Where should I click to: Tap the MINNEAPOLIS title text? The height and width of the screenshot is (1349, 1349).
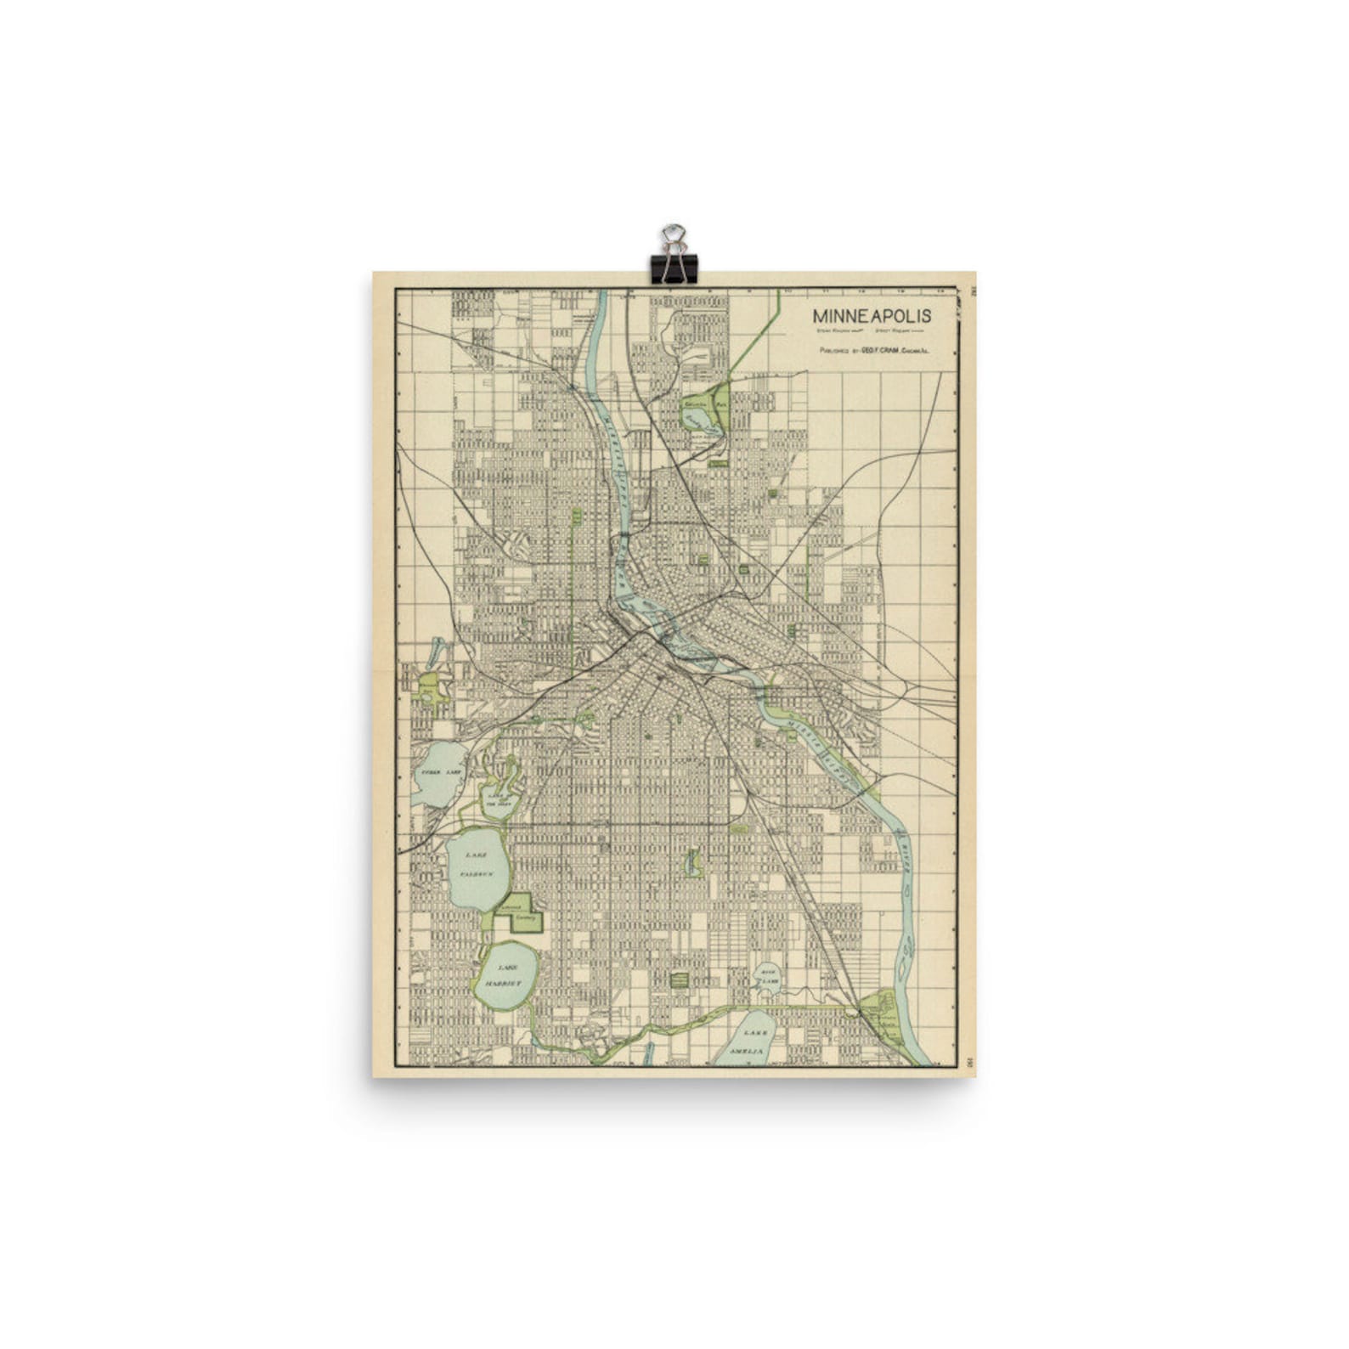pyautogui.click(x=872, y=316)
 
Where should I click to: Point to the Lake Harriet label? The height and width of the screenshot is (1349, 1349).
pyautogui.click(x=506, y=975)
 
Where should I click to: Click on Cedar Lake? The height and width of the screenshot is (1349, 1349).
pyautogui.click(x=437, y=773)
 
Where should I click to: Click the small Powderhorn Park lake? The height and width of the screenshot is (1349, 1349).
pyautogui.click(x=693, y=864)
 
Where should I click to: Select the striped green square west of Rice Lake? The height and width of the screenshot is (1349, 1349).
pyautogui.click(x=679, y=979)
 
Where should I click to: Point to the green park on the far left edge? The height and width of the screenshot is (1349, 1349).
pyautogui.click(x=429, y=686)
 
